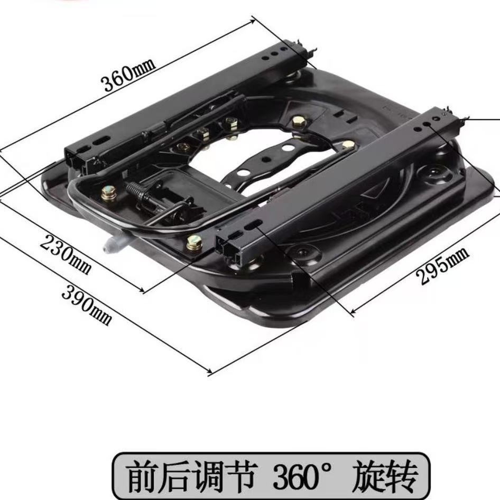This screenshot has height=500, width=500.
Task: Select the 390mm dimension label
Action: click(x=87, y=304)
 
